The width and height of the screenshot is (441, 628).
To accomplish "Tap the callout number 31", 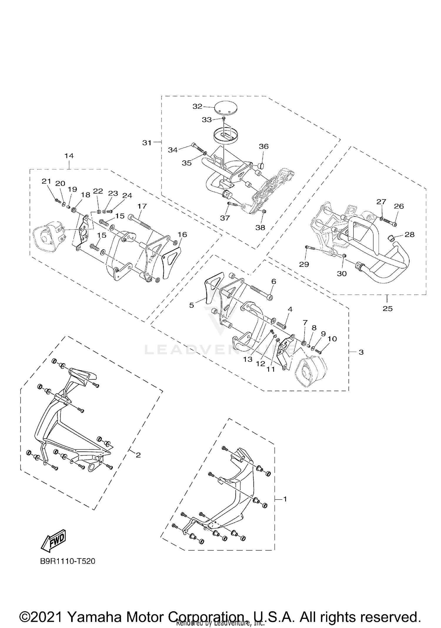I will pos(147,143).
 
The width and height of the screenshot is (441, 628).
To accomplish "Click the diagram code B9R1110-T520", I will pos(68,561).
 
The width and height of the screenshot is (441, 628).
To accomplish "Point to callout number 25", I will pos(387,309).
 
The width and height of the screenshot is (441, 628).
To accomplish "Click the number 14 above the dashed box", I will pos(69,156).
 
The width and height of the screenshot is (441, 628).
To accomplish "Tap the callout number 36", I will pos(264,146).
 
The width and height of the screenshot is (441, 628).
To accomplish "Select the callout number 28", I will pos(410,234).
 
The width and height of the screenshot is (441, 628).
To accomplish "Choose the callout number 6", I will pos(274,281).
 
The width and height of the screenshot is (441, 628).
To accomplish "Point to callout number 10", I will pos(332,339).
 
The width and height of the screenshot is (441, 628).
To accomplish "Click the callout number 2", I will pos(138,455).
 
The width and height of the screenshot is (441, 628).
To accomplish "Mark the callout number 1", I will pos(285,499).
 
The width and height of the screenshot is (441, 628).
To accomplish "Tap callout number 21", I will pos(46,181).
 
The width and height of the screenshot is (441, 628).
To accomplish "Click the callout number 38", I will pos(260,227).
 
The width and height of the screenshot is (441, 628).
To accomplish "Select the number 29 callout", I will pos(304,264).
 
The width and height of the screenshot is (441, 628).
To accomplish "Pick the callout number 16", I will pos(182,234).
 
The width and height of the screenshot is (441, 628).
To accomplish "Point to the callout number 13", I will pos(248,359).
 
